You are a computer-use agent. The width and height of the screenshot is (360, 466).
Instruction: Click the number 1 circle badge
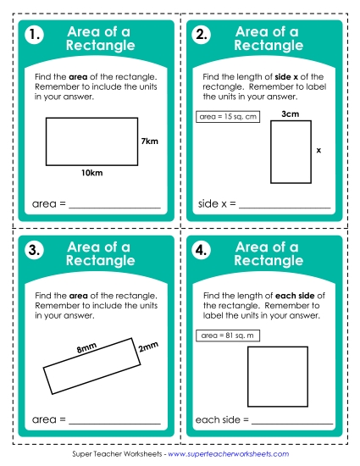point(34,36)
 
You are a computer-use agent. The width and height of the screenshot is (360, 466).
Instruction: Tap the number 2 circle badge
point(202,36)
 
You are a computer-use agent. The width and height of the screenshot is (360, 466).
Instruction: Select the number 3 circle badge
point(34,250)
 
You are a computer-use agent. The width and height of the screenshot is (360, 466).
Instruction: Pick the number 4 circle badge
point(202,250)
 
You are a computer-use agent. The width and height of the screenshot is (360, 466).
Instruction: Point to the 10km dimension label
point(91,173)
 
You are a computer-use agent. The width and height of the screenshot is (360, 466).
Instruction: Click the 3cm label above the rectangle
point(290,114)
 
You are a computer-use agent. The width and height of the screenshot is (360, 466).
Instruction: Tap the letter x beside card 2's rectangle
point(318,150)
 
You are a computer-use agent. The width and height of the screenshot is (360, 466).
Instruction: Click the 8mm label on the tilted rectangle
point(86,348)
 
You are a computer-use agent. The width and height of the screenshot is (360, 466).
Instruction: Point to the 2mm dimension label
point(148,347)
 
